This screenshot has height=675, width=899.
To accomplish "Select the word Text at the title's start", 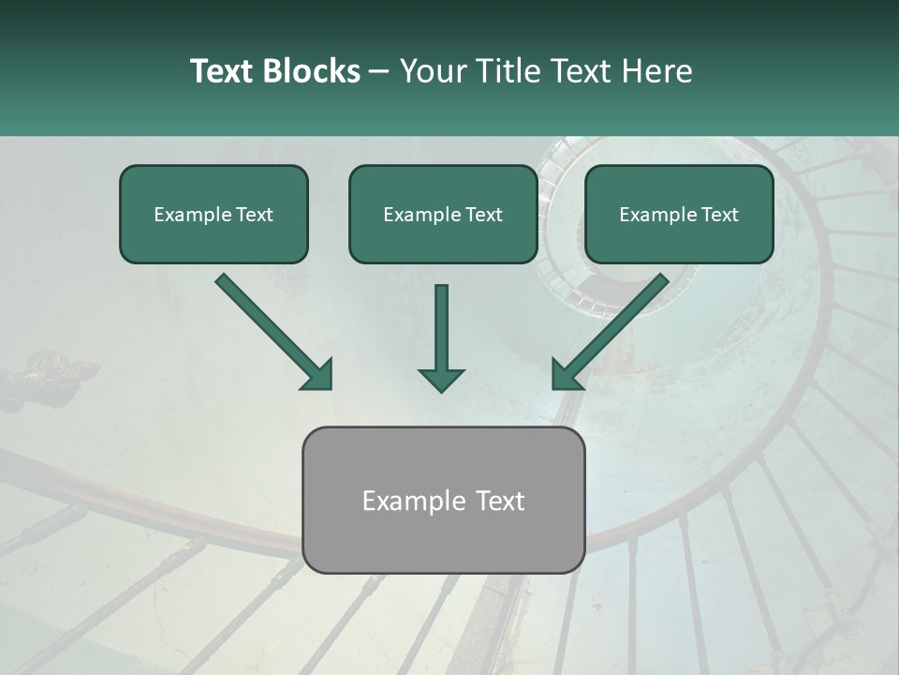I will [223, 71].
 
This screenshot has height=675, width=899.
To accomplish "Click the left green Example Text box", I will [214, 215].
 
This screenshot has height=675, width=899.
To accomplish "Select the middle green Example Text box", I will [443, 215].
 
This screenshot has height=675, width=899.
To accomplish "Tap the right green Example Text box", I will [679, 215].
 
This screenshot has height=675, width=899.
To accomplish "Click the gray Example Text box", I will [443, 500].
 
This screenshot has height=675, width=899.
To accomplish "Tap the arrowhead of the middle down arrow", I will [441, 378].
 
